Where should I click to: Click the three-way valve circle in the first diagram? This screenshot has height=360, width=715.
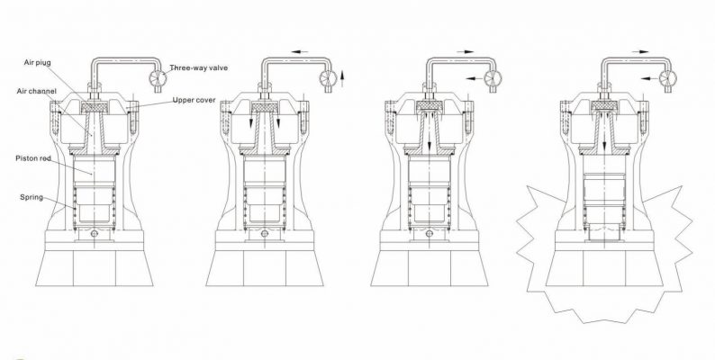[157, 77]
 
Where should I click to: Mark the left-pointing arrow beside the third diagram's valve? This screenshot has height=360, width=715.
[472, 79]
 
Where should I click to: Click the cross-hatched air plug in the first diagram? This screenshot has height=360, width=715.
[94, 106]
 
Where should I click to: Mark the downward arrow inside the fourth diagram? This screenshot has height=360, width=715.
[600, 142]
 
